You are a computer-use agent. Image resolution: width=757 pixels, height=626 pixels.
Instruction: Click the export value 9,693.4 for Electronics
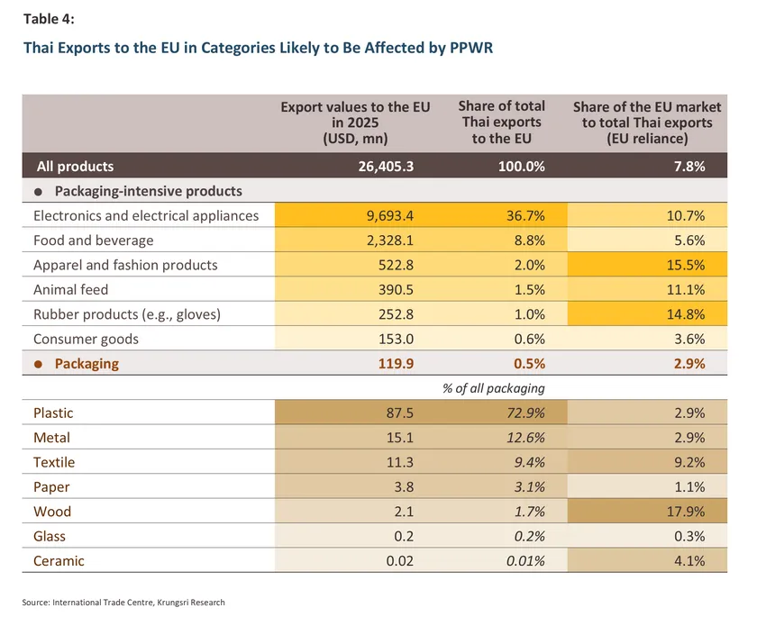(x=389, y=215)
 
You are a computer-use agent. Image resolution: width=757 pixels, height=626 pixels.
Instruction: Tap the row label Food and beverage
(x=93, y=240)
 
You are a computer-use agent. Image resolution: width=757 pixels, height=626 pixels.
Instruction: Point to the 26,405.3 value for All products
(x=386, y=166)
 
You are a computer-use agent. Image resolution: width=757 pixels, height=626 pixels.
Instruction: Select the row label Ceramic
(x=59, y=560)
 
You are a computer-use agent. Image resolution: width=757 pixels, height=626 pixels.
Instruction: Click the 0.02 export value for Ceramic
(x=400, y=560)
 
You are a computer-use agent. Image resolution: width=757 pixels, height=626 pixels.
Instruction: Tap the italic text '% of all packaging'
(x=494, y=388)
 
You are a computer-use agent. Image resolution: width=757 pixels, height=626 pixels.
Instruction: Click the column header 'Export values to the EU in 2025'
(x=355, y=122)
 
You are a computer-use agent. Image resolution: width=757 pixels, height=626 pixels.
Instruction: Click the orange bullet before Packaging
(x=38, y=364)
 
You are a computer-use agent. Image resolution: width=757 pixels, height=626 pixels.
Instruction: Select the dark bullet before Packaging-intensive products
(x=38, y=192)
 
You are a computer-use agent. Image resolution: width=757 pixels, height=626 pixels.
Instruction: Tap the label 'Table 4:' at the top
(x=49, y=19)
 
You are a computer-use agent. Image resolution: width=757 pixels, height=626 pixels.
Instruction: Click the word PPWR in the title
(x=471, y=48)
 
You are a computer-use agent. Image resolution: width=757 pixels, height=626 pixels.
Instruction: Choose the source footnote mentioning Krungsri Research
(x=123, y=603)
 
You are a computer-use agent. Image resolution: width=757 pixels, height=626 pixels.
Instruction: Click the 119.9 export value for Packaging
(x=396, y=363)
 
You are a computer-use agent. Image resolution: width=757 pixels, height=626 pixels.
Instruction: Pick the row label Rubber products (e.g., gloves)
(x=127, y=314)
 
